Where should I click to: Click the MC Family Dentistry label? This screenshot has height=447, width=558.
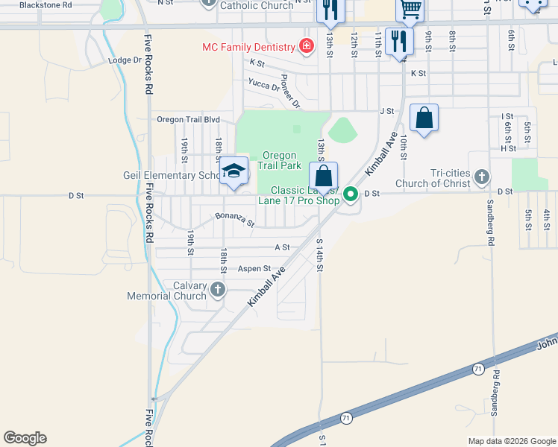pos(248,47)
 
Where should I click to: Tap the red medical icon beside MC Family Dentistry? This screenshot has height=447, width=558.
pos(306,47)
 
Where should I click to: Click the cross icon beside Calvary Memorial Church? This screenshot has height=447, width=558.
pos(218,289)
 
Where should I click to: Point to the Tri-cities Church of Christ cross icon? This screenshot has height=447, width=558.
pos(482,177)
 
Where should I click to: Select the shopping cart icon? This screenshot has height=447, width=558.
pos(410,9)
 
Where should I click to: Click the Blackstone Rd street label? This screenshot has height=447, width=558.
pos(46,4)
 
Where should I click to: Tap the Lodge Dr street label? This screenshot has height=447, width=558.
pos(124,60)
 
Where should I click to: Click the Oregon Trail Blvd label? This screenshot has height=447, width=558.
pos(188,119)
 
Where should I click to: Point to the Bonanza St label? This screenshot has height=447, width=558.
pos(235,221)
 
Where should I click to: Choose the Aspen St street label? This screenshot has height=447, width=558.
pos(254,268)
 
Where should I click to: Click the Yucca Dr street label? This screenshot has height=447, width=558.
pos(263,86)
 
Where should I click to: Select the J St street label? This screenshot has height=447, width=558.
pos(386,111)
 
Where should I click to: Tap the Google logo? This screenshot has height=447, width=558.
pos(25,438)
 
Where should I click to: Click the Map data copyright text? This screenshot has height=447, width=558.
pos(511,441)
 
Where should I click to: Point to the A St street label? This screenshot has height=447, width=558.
pos(282,247)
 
